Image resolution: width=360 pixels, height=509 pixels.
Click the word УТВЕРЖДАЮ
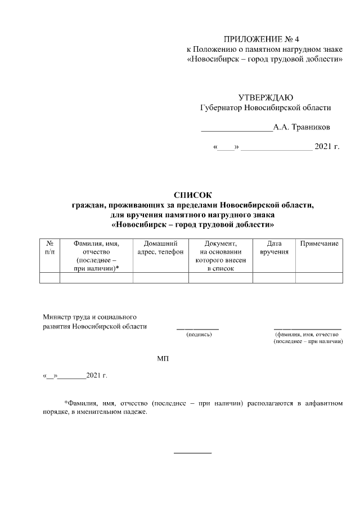(x=265, y=97)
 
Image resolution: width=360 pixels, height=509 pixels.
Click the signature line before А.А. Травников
(x=237, y=130)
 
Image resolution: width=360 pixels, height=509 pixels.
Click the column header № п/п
(x=49, y=247)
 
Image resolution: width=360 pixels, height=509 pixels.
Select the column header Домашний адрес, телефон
(x=160, y=247)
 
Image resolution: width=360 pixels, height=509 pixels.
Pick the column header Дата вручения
(x=274, y=247)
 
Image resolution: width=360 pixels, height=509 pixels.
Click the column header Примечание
(x=319, y=243)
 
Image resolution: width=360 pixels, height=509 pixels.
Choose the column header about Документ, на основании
(x=220, y=256)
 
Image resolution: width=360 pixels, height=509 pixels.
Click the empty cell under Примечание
(x=319, y=277)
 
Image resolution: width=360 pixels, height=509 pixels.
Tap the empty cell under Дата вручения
(x=274, y=277)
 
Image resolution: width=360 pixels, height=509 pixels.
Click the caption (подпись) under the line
(x=199, y=335)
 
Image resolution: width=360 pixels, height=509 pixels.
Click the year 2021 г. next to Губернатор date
(x=327, y=148)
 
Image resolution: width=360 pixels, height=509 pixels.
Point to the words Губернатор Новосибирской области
(x=265, y=107)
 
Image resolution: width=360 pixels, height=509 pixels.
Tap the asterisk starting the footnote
(x=66, y=403)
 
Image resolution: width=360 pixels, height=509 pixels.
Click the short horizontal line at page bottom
(x=192, y=452)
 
